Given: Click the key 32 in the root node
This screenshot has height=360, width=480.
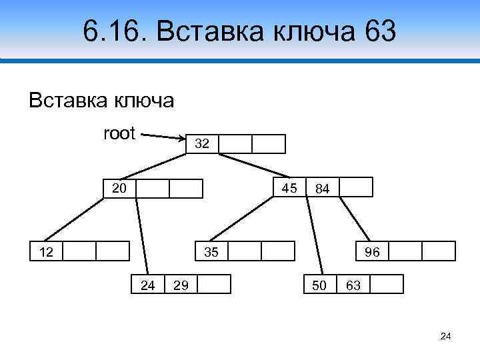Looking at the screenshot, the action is tap(202, 144).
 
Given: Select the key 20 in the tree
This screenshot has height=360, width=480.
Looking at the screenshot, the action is tap(119, 189).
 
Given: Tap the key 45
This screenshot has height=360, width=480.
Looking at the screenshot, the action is tap(289, 189).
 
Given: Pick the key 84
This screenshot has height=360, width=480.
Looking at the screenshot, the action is tap(323, 189).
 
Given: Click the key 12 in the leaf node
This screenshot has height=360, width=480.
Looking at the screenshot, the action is tap(45, 251).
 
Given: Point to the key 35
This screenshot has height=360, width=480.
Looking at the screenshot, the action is tap(211, 251).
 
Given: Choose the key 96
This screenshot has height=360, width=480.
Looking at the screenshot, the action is tap(372, 252).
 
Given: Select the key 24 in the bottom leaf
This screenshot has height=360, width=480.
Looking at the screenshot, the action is tap(148, 285).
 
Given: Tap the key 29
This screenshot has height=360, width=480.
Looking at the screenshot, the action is tap(180, 285).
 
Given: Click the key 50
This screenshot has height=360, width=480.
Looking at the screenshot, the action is tap(320, 285).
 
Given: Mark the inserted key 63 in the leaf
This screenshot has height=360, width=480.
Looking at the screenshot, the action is tap(353, 285).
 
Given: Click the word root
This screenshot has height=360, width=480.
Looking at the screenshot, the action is tap(119, 133).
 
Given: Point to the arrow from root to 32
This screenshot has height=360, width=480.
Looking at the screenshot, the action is tap(163, 137).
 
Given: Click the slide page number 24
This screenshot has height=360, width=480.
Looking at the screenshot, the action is tap(446, 337).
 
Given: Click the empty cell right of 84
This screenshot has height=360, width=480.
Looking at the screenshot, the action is tap(355, 188).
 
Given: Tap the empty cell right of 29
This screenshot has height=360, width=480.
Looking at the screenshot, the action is tap(214, 285).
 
